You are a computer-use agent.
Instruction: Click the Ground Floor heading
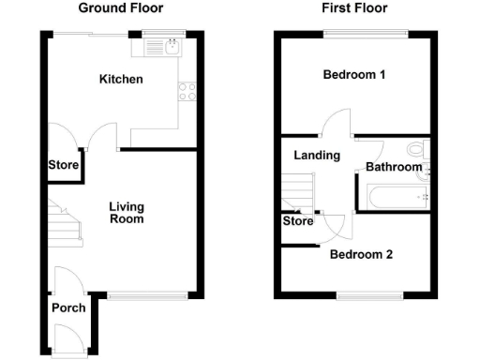tap(120, 8)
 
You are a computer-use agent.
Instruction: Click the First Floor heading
tap(354, 8)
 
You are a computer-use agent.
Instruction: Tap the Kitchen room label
tap(121, 80)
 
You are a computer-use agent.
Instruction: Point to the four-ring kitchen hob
tap(186, 92)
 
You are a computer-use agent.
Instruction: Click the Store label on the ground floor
tap(64, 166)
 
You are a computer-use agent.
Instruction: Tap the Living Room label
tap(127, 213)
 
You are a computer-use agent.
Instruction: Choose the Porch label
tap(68, 307)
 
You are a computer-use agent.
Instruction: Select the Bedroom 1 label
tap(354, 75)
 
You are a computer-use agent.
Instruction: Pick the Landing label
tap(316, 156)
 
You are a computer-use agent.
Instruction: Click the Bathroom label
tap(393, 167)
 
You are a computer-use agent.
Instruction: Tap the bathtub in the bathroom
tap(394, 197)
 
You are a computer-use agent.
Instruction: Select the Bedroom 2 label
tap(360, 254)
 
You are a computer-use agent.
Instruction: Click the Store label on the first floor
tap(297, 222)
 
